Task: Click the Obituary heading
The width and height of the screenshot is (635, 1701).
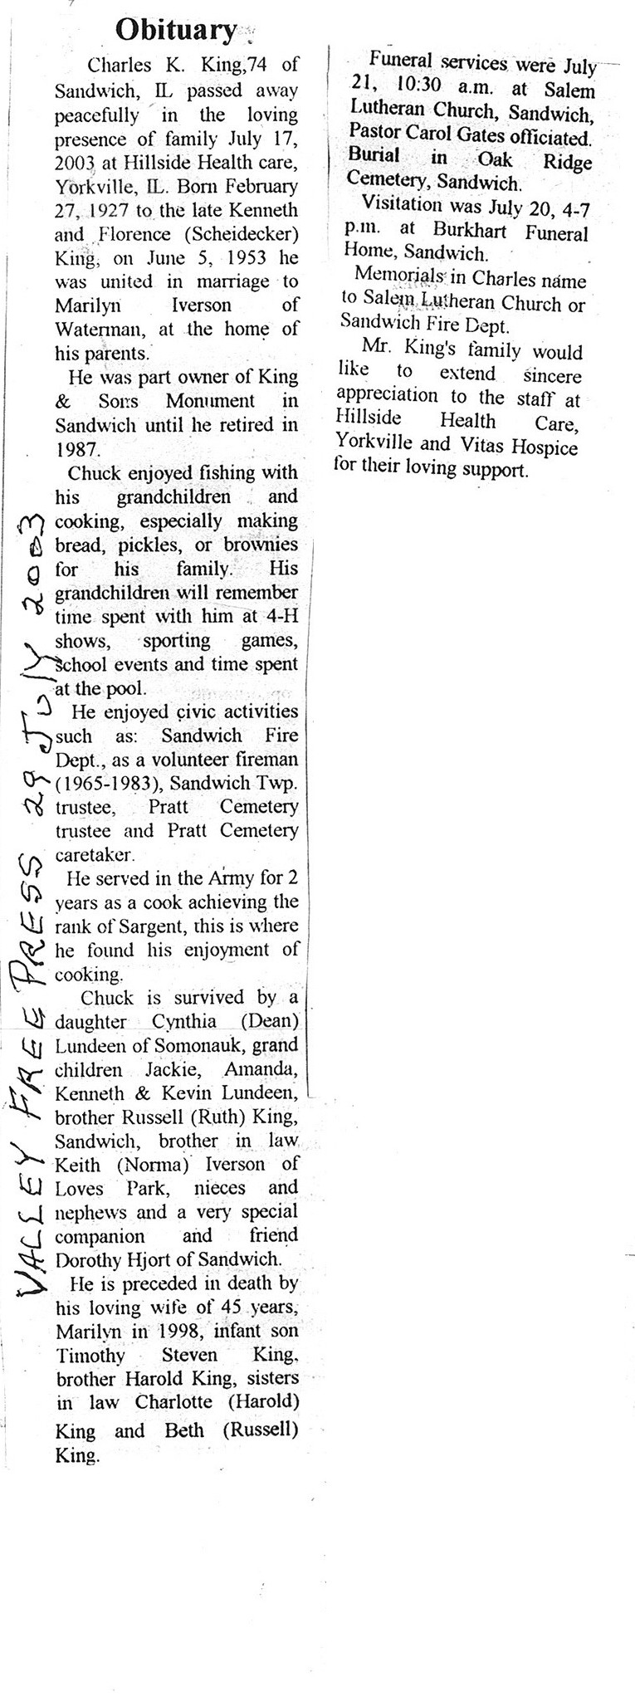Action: (x=176, y=31)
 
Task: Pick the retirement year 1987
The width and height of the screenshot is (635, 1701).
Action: (x=76, y=449)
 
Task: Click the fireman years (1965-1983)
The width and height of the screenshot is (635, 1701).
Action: (x=104, y=783)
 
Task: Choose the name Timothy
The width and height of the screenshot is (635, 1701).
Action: (x=90, y=1356)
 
